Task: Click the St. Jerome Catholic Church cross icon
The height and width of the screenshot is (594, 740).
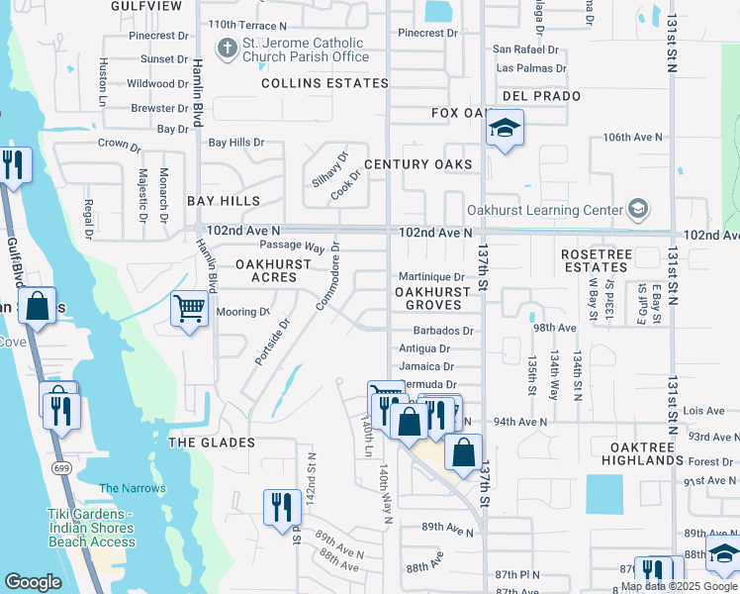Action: click(x=227, y=48)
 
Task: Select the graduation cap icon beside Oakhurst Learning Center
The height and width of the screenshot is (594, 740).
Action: click(x=638, y=209)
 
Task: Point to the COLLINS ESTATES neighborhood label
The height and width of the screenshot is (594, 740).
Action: click(x=322, y=83)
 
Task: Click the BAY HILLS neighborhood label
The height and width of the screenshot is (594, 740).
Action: click(x=224, y=200)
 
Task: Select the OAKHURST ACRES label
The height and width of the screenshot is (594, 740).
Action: click(x=267, y=271)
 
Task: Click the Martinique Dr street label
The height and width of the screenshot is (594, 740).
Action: click(x=431, y=277)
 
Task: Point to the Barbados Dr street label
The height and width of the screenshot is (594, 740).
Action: click(x=443, y=331)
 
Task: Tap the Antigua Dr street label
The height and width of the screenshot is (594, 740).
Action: click(x=424, y=348)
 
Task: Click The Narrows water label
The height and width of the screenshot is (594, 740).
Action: click(x=133, y=488)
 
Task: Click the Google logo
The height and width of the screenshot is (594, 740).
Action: click(x=33, y=582)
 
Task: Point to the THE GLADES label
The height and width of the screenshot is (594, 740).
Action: click(x=212, y=443)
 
